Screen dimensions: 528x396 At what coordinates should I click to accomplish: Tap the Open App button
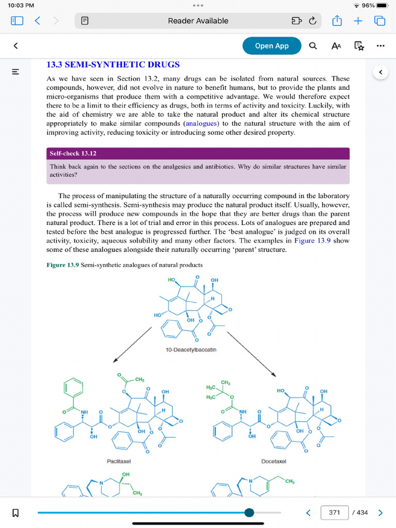pyautogui.click(x=272, y=46)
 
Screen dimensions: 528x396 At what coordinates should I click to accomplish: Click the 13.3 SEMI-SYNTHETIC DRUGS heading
pyautogui.click(x=113, y=65)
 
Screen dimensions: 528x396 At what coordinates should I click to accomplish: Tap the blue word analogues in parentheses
pyautogui.click(x=201, y=124)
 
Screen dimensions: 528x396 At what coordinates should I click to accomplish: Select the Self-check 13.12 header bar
pyautogui.click(x=198, y=154)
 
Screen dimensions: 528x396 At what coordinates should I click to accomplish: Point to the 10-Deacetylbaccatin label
pyautogui.click(x=191, y=350)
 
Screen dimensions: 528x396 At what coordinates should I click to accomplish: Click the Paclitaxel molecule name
pyautogui.click(x=119, y=461)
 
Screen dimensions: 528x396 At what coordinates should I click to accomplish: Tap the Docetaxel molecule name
pyautogui.click(x=273, y=461)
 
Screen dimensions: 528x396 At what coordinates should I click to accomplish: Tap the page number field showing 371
pyautogui.click(x=334, y=512)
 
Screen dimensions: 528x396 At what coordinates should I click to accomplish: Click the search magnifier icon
pyautogui.click(x=313, y=46)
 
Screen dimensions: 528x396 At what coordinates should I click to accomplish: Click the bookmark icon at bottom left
pyautogui.click(x=15, y=513)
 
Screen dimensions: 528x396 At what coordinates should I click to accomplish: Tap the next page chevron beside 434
pyautogui.click(x=381, y=513)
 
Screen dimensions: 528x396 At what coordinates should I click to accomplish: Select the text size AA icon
pyautogui.click(x=336, y=46)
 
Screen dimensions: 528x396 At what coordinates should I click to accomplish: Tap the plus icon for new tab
pyautogui.click(x=358, y=21)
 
